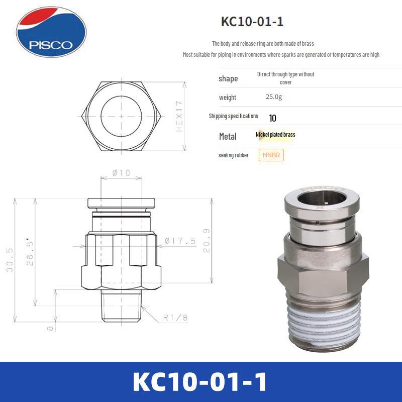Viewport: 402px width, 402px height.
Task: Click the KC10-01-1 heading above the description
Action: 256,22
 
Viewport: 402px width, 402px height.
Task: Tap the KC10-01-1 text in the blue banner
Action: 201,382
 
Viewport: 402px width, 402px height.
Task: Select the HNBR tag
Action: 271,155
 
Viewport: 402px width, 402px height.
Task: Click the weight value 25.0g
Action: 274,97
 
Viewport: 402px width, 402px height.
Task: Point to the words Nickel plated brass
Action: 275,135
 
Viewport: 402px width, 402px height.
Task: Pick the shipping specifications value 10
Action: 273,119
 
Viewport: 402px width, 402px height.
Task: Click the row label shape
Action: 228,78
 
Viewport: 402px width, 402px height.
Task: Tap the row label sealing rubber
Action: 234,155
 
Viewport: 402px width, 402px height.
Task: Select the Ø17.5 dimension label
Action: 179,241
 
